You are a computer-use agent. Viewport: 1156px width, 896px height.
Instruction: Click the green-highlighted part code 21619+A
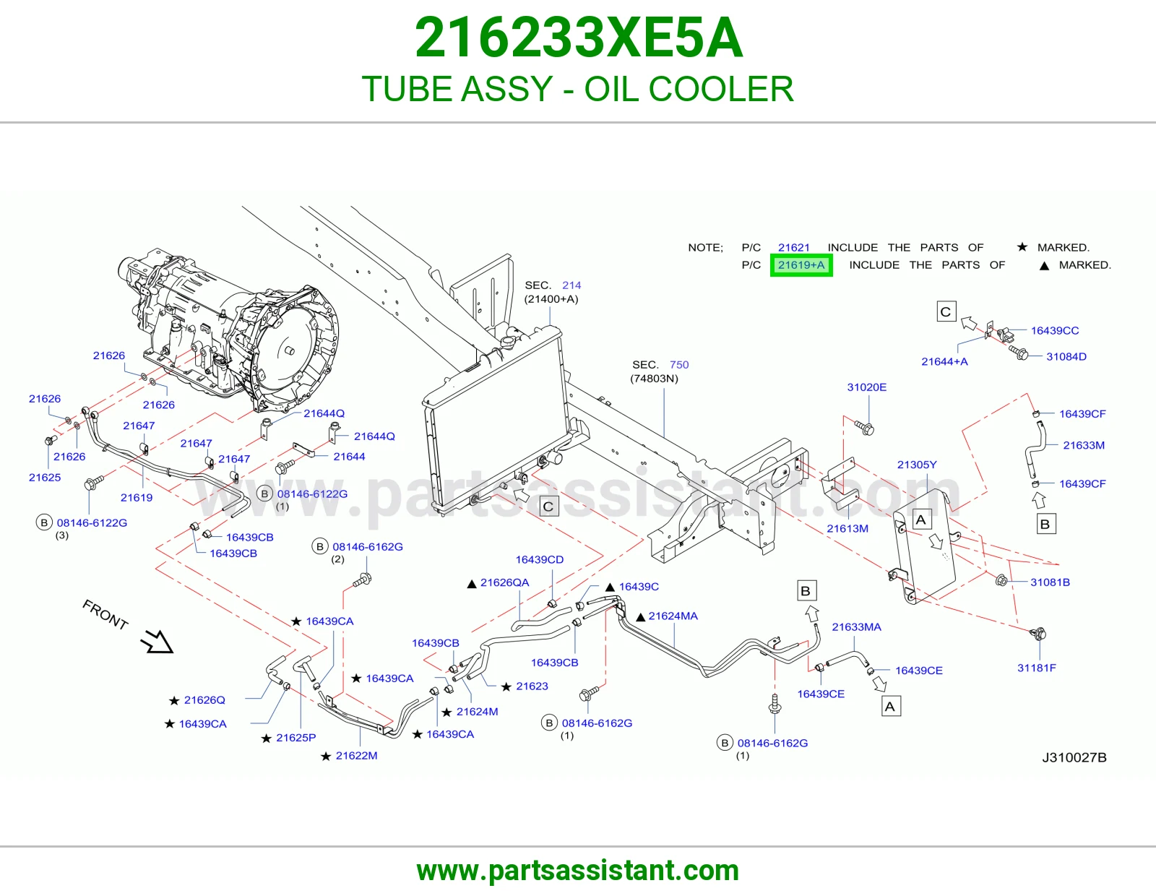click(801, 265)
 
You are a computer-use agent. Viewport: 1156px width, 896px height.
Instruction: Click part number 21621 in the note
click(794, 247)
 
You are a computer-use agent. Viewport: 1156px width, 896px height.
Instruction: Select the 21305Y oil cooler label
click(917, 465)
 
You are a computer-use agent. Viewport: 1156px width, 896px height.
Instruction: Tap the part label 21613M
click(847, 528)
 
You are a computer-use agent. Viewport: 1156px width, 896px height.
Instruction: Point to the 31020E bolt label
click(866, 387)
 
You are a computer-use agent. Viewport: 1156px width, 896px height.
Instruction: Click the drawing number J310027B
click(1074, 757)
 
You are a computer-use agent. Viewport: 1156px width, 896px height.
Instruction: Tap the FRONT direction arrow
click(157, 641)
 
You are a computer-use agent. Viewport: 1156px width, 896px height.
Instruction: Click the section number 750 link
click(679, 364)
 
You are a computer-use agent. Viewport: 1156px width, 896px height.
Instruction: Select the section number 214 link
click(571, 285)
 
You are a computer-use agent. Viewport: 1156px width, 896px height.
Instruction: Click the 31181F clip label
click(1036, 668)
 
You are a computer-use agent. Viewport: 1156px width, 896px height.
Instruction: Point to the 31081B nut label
click(1050, 582)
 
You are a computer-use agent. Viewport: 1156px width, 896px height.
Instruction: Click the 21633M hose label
click(1084, 445)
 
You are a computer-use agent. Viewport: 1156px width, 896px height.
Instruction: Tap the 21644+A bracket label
click(944, 361)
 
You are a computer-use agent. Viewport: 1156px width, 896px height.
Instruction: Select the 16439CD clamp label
click(540, 559)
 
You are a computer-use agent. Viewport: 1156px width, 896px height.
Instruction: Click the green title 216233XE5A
click(578, 38)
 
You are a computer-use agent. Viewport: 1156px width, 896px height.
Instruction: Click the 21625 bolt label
click(45, 477)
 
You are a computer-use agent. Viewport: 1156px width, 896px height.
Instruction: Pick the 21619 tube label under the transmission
click(136, 497)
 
